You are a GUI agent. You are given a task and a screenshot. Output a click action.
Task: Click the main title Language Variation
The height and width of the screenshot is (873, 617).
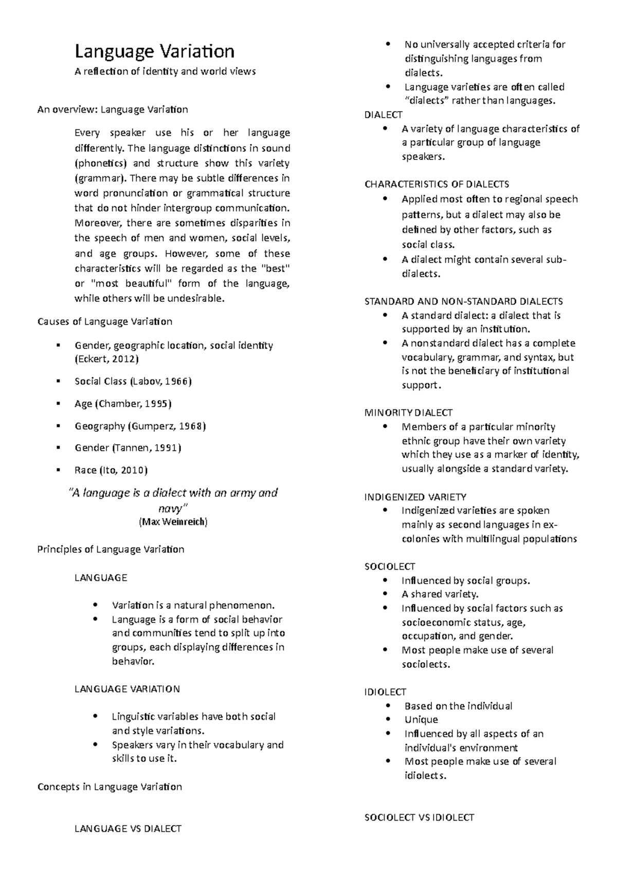tap(154, 52)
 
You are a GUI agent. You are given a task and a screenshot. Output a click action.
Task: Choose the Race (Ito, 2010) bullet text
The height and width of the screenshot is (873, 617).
tap(111, 470)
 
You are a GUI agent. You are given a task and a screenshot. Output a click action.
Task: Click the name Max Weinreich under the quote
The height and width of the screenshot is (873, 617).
tap(173, 522)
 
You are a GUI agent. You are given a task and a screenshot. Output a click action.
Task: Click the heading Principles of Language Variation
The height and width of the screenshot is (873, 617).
tap(111, 550)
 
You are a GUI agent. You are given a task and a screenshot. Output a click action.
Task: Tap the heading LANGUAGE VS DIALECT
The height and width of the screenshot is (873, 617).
tap(128, 829)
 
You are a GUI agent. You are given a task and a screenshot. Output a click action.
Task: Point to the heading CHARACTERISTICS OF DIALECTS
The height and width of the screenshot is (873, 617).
tap(437, 184)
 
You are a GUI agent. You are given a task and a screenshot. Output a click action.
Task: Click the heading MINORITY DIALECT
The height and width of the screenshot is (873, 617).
tap(408, 412)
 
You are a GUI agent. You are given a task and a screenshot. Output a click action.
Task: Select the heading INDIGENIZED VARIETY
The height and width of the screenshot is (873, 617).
tap(415, 497)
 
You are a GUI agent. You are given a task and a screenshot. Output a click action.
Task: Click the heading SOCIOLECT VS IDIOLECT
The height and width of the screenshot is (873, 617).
tap(419, 817)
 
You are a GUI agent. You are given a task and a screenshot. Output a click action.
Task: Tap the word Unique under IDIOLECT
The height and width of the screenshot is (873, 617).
tap(421, 720)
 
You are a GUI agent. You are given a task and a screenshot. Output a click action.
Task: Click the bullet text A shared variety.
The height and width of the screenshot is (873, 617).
tap(440, 594)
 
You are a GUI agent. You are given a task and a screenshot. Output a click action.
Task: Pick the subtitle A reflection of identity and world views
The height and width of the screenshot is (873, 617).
tap(165, 72)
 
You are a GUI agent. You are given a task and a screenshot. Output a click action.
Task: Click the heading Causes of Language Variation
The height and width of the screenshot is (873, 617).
tap(105, 322)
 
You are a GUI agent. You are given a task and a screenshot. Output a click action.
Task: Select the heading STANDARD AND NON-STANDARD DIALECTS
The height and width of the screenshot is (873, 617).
tap(463, 301)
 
